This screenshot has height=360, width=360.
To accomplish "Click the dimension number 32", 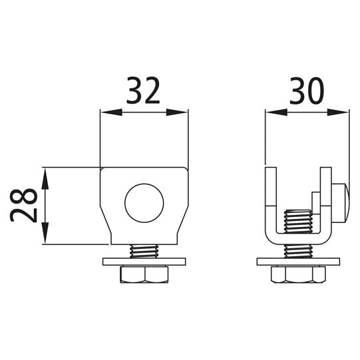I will tap(144, 91).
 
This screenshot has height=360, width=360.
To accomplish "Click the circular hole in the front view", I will tap(144, 202).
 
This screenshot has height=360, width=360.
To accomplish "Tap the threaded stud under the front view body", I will tap(144, 251).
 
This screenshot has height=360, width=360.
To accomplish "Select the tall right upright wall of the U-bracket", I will tap(324, 196).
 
